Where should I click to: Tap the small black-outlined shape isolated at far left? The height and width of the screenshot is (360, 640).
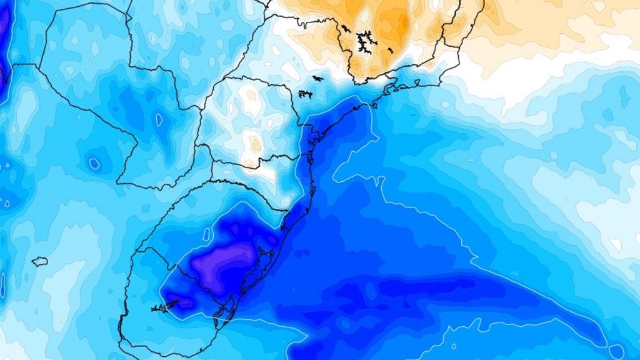click(39, 261)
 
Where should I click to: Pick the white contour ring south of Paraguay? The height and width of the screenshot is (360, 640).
click(94, 164)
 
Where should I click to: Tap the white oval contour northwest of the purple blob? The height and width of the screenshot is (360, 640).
click(206, 234)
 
